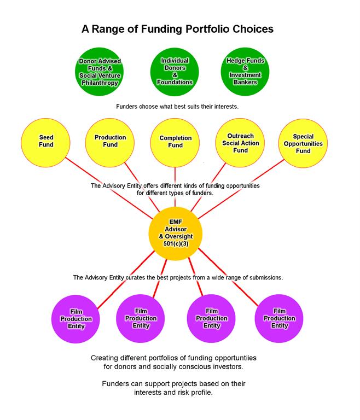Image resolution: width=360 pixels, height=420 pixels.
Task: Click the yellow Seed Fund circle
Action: point(46,142)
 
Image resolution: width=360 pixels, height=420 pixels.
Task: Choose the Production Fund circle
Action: point(110,142)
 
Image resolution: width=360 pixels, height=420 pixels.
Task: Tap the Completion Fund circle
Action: point(175,142)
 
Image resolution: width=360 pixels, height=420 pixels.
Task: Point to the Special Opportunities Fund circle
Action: point(303,142)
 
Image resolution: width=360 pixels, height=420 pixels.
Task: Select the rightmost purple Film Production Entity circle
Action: point(280,318)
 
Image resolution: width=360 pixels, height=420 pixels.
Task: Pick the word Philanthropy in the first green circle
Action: point(100,83)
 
